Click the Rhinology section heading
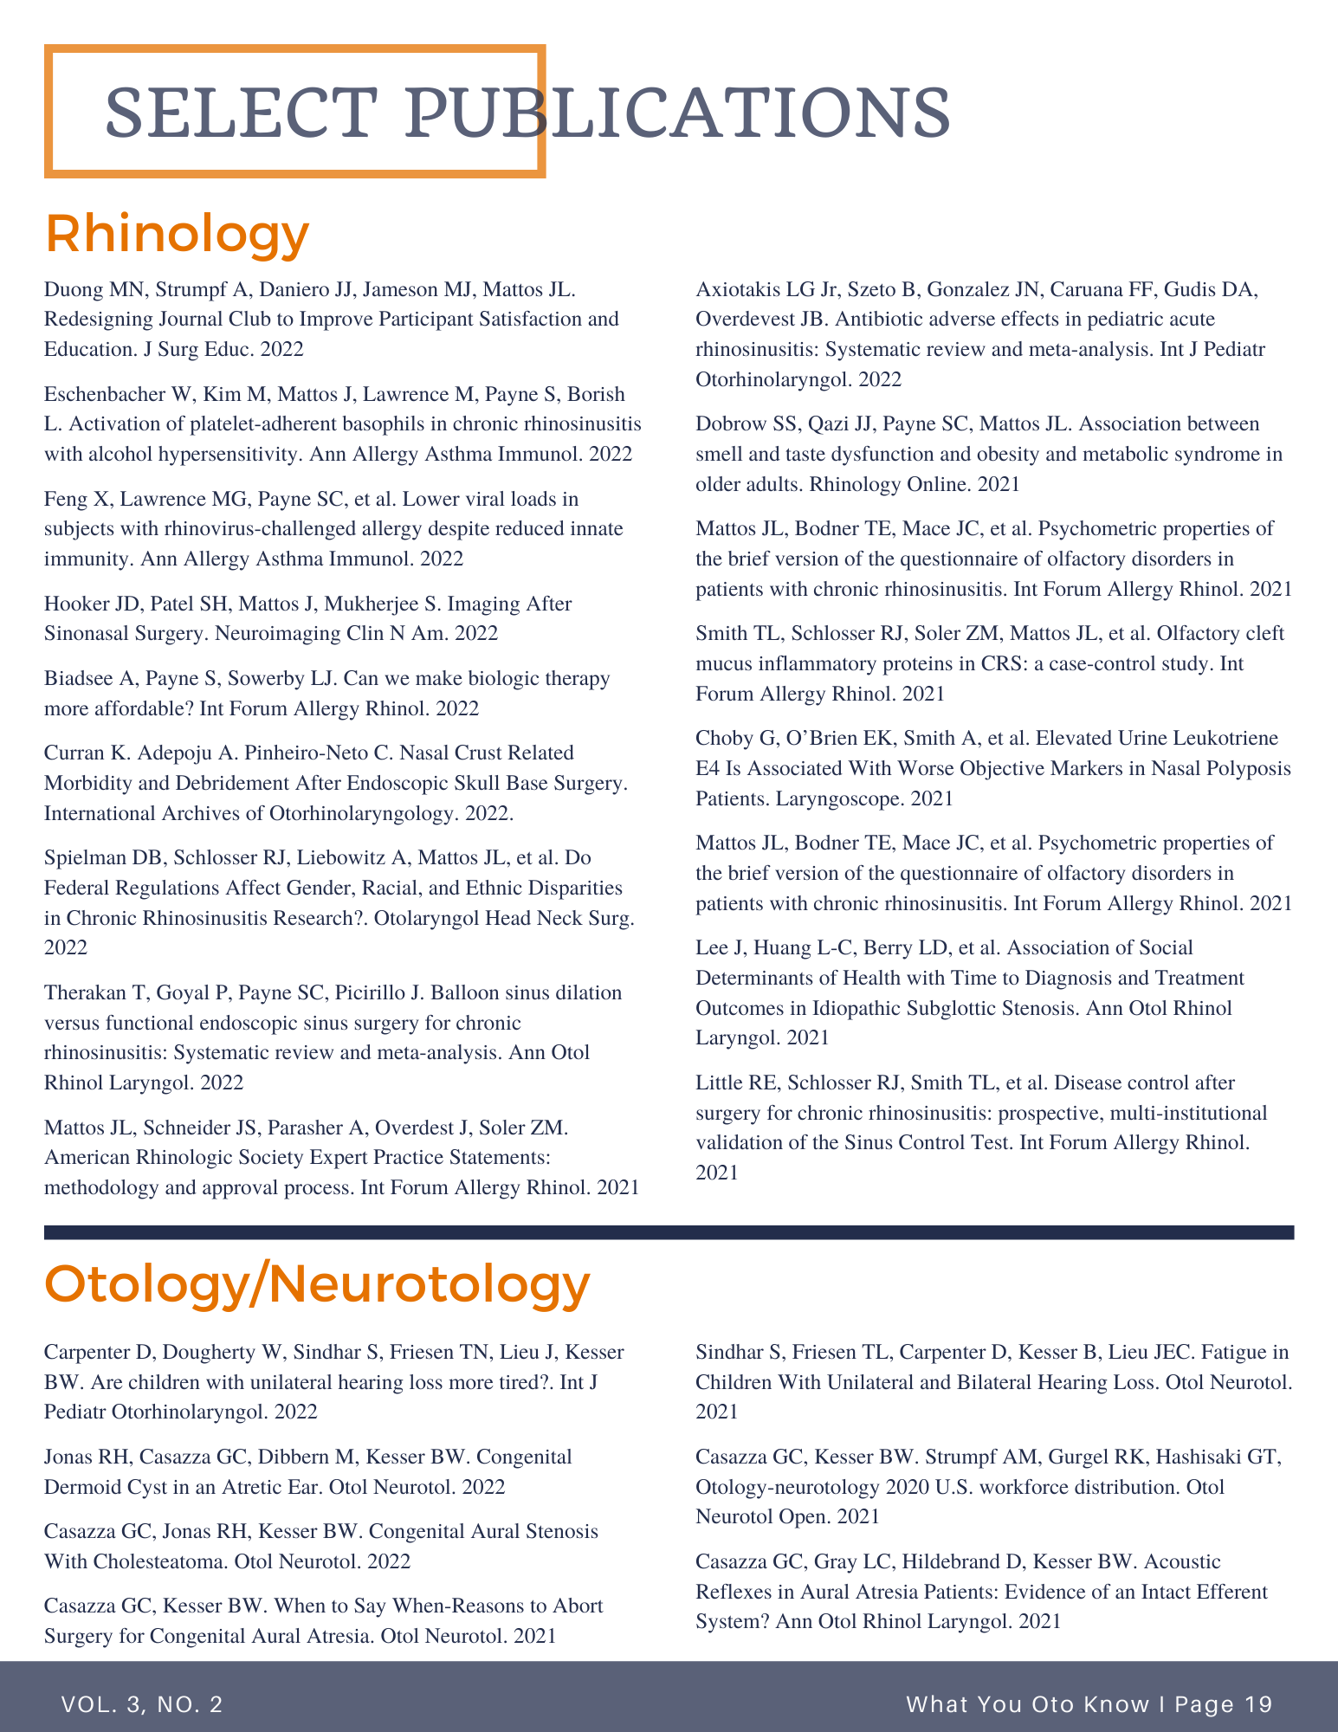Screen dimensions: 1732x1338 click(x=177, y=234)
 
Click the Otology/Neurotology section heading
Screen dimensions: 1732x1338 click(x=317, y=1285)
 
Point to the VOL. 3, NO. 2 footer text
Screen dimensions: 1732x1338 click(x=142, y=1704)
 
